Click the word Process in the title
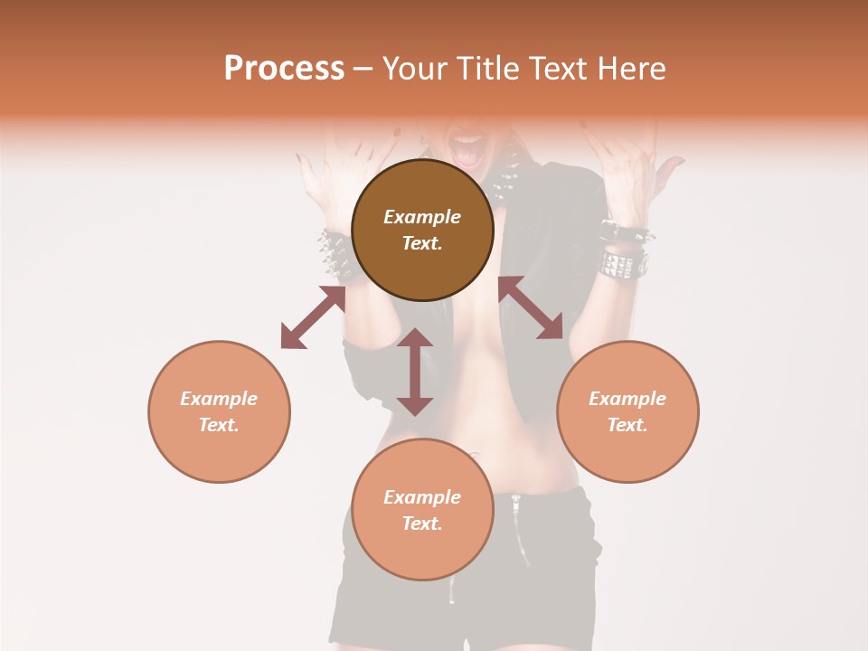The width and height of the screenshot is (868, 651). [284, 69]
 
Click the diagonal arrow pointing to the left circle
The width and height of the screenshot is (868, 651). [313, 317]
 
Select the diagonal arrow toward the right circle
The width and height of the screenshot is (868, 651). [531, 308]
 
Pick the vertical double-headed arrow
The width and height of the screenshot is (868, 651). [415, 372]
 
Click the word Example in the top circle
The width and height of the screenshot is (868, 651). [422, 217]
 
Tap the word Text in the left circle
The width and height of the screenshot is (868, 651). [219, 425]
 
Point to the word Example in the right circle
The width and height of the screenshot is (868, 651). [627, 399]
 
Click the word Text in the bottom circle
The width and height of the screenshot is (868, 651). [422, 524]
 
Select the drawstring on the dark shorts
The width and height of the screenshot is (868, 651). [516, 533]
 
